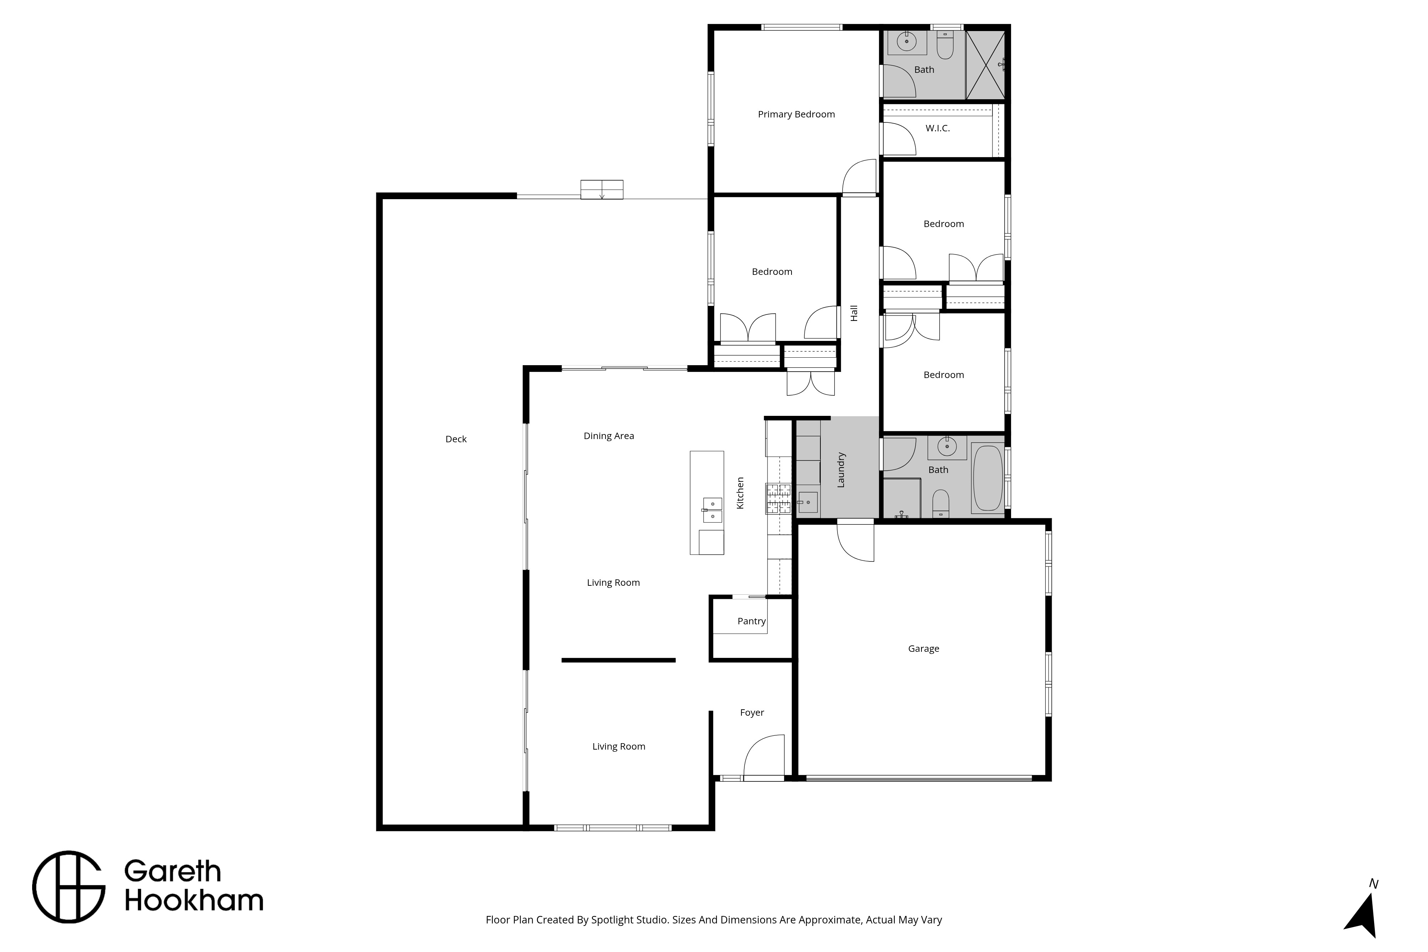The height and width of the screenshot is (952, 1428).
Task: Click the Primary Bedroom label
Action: coord(796,114)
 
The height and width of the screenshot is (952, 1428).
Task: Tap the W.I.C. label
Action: coord(937,128)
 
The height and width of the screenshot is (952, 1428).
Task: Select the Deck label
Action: coord(456,439)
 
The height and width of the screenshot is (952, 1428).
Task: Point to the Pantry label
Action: coord(751,621)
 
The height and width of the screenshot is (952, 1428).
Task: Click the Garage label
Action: coord(924,649)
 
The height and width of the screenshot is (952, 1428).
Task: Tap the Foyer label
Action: coord(751,712)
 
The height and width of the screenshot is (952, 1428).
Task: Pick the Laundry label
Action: coord(841,469)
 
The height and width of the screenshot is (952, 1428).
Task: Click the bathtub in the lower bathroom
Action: coord(988,478)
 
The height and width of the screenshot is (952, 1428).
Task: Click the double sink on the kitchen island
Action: coord(712,510)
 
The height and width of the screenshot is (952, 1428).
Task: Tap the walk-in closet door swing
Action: coord(899,139)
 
